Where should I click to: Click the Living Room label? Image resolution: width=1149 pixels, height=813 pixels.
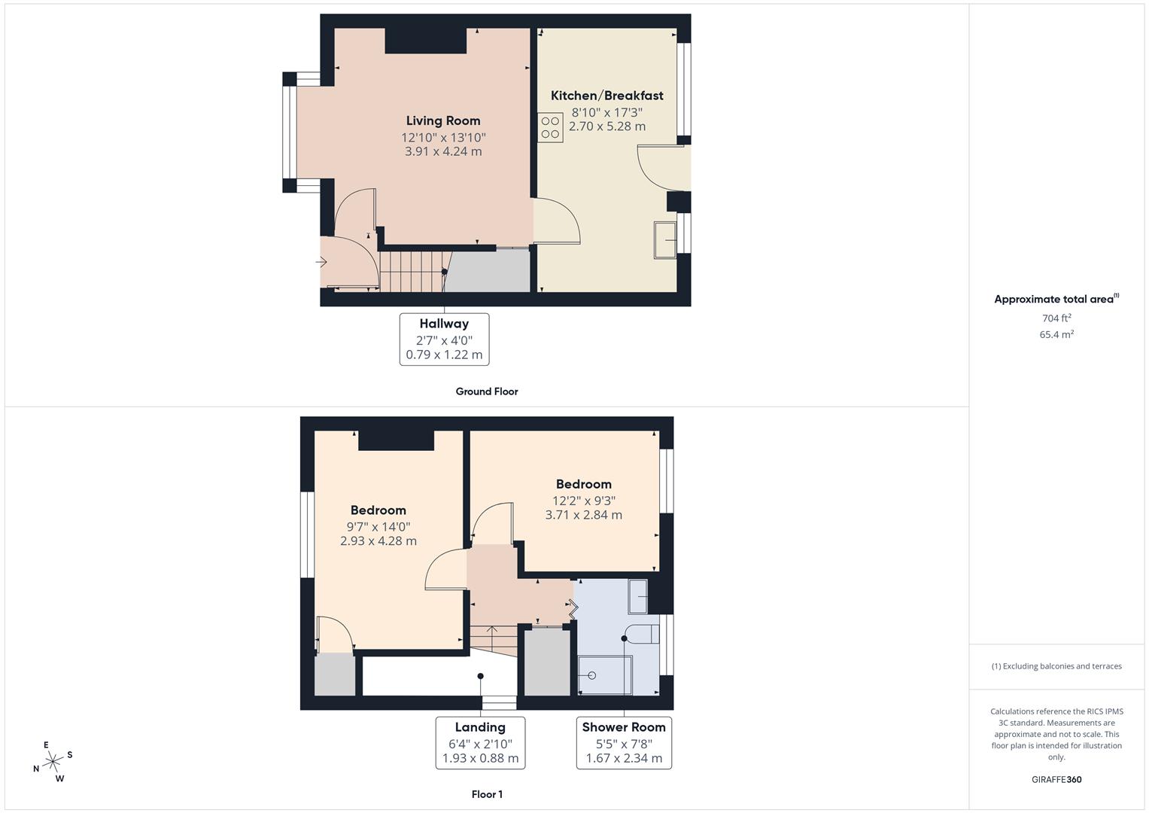pos(442,120)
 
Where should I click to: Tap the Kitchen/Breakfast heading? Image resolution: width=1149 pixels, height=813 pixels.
pos(606,96)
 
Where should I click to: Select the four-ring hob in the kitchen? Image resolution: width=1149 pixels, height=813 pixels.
pos(550,127)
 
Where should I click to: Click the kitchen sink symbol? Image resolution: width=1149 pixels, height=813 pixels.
pos(665,239)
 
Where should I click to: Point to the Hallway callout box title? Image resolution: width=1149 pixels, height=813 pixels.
pos(444,324)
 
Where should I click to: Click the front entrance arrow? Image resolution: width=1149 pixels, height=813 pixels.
pos(321,263)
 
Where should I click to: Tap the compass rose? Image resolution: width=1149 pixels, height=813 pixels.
pos(53,762)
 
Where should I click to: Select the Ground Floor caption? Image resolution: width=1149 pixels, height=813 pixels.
pos(486,391)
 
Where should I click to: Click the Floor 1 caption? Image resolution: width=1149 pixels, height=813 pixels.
pos(487,794)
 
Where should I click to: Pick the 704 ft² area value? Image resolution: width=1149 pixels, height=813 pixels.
pos(1056,318)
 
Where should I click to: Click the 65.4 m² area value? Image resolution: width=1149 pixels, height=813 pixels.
pos(1056,334)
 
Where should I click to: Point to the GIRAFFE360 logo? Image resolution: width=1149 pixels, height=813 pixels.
pos(1056,779)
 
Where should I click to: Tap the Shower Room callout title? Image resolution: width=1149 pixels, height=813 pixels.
pos(624,727)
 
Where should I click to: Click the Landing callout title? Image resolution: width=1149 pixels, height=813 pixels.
pos(480,727)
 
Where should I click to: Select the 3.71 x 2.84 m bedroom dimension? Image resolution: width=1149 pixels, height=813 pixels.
pos(583,515)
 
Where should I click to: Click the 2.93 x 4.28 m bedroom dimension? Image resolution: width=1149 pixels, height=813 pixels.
pos(378,540)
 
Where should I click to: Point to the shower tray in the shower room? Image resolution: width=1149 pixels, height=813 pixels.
pos(605,674)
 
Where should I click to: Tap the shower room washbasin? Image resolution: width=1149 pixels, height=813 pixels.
pos(638,596)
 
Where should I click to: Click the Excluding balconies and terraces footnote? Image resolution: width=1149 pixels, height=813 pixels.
pos(1056,666)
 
